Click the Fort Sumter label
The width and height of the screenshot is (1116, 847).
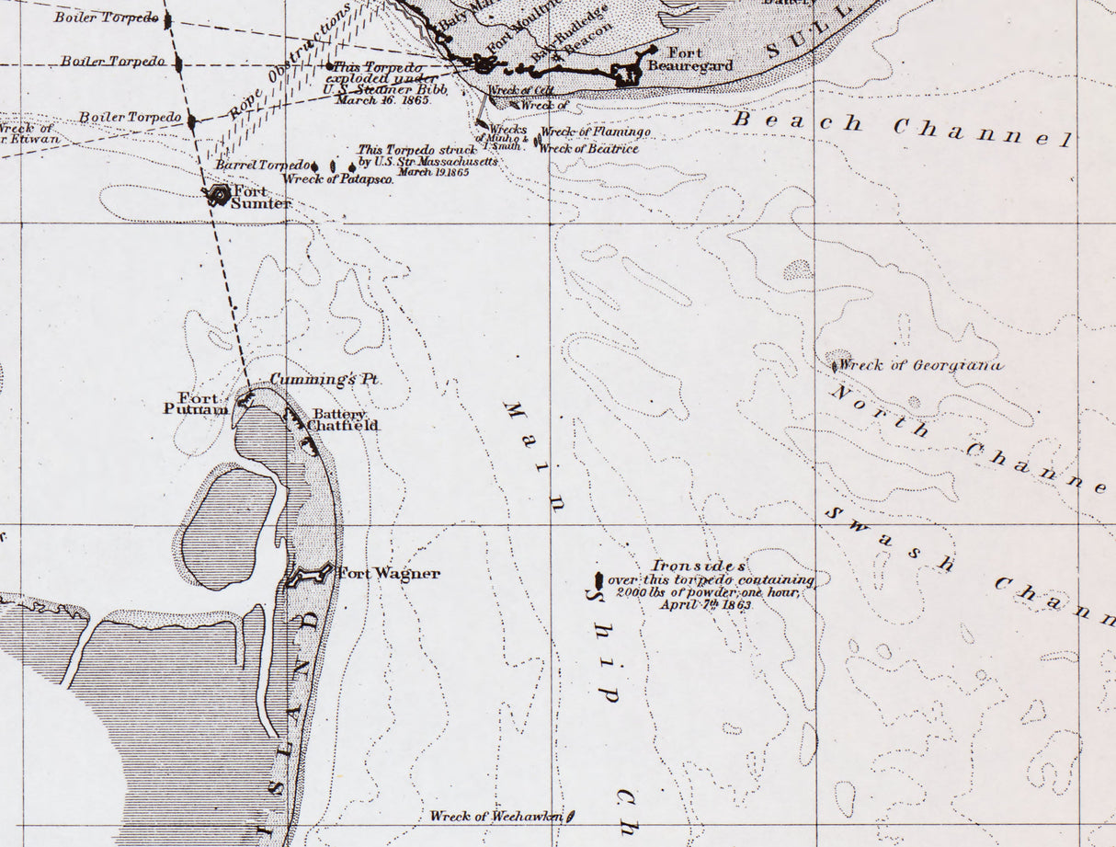(x=260, y=197)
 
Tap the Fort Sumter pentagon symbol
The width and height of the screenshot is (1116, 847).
(x=220, y=194)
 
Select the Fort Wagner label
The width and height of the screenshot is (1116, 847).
(x=388, y=574)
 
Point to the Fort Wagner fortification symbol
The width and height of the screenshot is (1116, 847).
(x=308, y=576)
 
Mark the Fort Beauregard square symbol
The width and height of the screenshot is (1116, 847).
(x=628, y=74)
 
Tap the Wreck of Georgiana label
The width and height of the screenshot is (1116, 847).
(x=920, y=365)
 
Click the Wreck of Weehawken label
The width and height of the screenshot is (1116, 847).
(x=496, y=816)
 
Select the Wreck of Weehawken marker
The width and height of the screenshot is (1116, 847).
(x=571, y=815)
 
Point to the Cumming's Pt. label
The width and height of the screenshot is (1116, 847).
(x=325, y=379)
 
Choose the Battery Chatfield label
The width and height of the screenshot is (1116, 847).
(x=342, y=419)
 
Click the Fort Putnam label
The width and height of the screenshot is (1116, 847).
(x=196, y=404)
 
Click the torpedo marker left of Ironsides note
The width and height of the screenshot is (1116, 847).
(x=598, y=581)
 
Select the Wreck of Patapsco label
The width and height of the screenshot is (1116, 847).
(x=338, y=179)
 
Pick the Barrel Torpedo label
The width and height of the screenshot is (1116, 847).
(x=261, y=165)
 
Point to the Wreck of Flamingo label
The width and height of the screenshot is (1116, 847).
(x=596, y=132)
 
